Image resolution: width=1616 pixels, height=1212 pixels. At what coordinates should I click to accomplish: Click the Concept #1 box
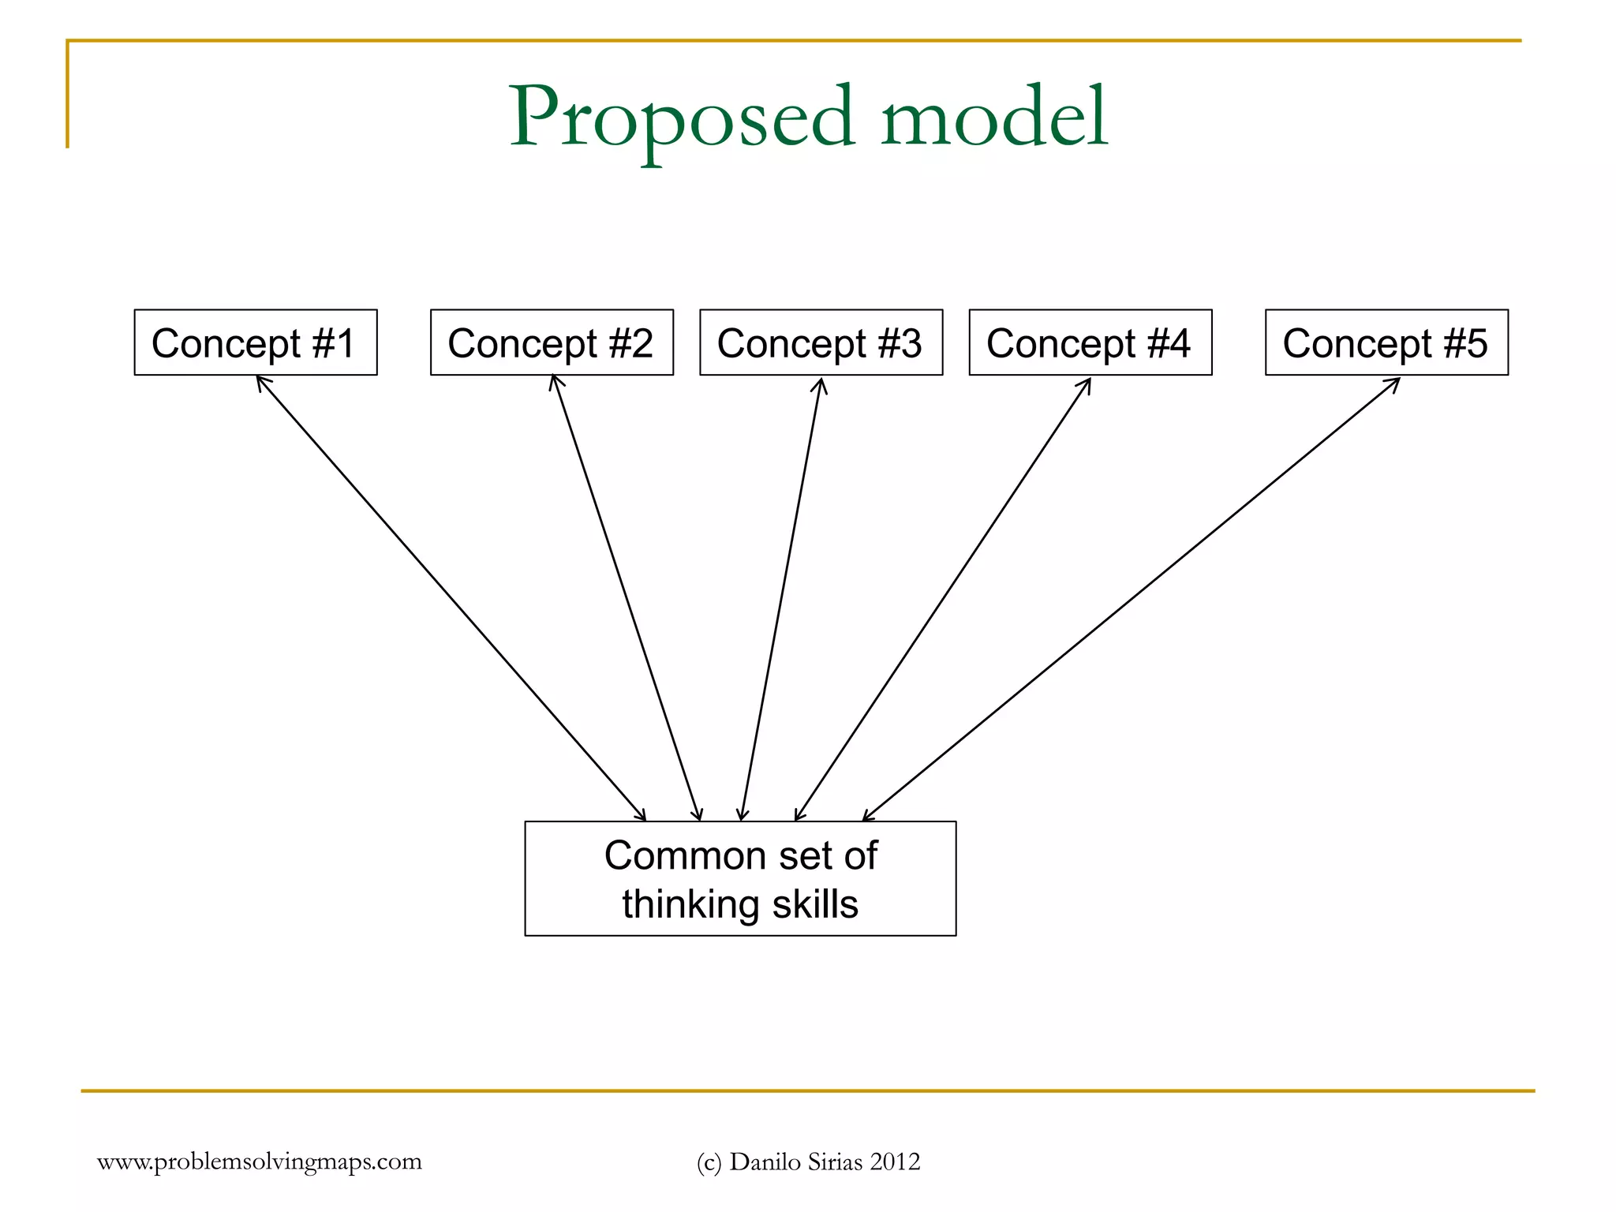[x=255, y=342]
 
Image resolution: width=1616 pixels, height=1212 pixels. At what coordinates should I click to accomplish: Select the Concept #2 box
[x=552, y=342]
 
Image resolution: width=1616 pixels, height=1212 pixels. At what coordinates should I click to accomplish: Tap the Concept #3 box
[x=821, y=342]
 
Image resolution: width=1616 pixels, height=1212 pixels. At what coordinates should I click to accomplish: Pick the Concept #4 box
[x=1090, y=342]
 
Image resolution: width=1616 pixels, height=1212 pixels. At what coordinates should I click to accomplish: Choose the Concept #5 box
[x=1386, y=342]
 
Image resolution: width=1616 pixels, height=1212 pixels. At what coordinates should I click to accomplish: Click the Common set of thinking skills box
[x=740, y=878]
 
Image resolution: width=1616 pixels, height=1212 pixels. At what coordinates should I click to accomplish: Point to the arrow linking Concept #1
[x=451, y=598]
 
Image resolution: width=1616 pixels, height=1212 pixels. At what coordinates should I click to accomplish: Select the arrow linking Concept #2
[x=626, y=598]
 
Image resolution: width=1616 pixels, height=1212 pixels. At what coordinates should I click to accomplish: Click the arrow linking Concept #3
[x=781, y=598]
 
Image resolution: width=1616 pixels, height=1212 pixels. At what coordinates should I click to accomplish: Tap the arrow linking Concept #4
[x=943, y=598]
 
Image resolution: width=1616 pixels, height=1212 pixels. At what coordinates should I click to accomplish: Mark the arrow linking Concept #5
[x=1131, y=598]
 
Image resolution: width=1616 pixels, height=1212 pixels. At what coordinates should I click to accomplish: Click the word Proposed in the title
[x=683, y=118]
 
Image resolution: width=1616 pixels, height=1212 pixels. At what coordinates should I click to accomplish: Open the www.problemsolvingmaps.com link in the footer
[x=260, y=1161]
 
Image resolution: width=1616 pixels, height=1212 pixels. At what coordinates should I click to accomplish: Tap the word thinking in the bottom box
[x=691, y=904]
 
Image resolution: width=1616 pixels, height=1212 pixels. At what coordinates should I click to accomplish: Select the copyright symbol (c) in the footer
[x=709, y=1162]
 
